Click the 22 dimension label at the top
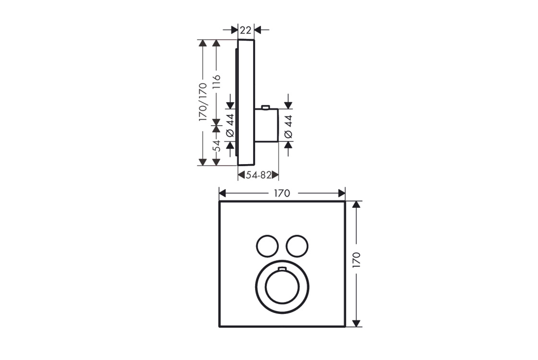[245, 30]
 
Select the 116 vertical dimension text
[216, 82]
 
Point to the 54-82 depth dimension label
[259, 175]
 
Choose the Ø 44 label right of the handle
[289, 127]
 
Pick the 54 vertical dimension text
[216, 146]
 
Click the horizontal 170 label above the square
[281, 193]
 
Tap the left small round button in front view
[267, 246]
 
